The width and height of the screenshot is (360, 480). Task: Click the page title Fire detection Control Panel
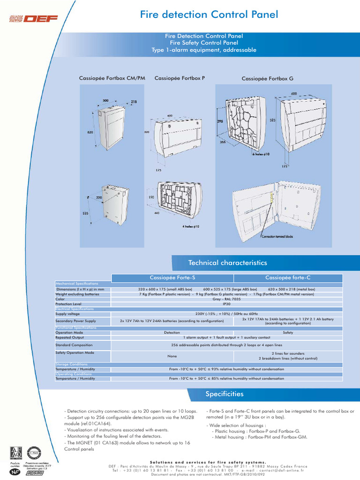(x=209, y=15)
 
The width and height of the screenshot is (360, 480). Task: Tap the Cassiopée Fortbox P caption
(x=179, y=78)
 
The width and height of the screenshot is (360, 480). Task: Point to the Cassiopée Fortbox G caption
(x=267, y=78)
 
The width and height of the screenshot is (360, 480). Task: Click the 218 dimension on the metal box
(x=134, y=102)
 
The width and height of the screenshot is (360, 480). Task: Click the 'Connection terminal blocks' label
(x=277, y=237)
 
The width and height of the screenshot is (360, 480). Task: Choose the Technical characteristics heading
(x=227, y=263)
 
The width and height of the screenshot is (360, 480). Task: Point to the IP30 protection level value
(x=226, y=304)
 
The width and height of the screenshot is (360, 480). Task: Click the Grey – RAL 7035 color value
(x=226, y=299)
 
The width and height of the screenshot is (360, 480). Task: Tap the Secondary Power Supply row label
(x=75, y=321)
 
